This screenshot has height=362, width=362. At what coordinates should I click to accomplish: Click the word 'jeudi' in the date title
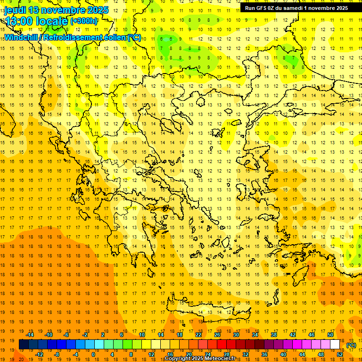pyautogui.click(x=16, y=10)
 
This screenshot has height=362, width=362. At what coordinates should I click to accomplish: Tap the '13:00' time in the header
pyautogui.click(x=19, y=21)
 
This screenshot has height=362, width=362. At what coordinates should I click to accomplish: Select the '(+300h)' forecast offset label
pyautogui.click(x=84, y=21)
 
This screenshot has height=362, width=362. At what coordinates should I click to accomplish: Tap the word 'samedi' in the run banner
pyautogui.click(x=296, y=8)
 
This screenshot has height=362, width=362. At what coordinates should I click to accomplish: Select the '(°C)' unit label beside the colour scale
pyautogui.click(x=351, y=345)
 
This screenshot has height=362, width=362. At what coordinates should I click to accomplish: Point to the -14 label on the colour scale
pyautogui.click(x=30, y=335)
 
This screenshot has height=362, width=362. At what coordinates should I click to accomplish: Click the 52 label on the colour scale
pyautogui.click(x=340, y=354)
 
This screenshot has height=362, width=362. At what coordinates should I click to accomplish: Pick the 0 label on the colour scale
pyautogui.click(x=93, y=354)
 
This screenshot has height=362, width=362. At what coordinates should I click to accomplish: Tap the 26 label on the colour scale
pyautogui.click(x=217, y=335)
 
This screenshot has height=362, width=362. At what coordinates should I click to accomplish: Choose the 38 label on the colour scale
pyautogui.click(x=274, y=335)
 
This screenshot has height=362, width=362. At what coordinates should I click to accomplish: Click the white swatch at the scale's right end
pyautogui.click(x=335, y=345)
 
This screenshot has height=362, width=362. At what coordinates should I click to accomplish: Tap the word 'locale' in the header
pyautogui.click(x=51, y=21)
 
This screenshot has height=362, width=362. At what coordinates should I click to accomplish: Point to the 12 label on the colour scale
pyautogui.click(x=151, y=354)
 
